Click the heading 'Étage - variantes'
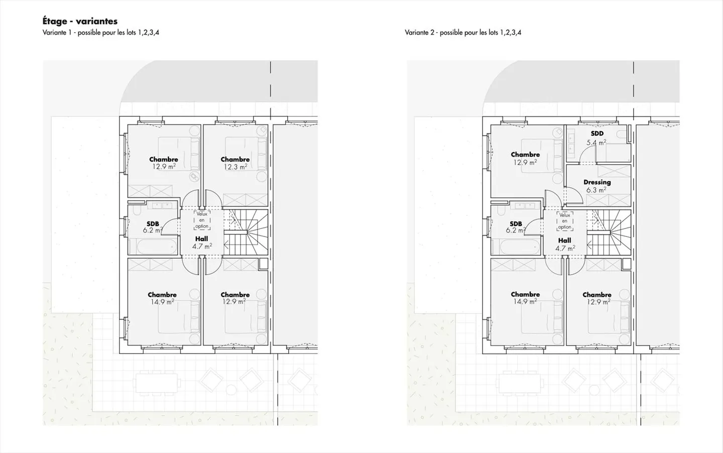80,21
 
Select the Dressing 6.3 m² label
597,186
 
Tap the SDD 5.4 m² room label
597,138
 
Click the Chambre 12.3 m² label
235,163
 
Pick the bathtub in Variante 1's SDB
153,247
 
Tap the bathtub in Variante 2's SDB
516,247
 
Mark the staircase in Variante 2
609,232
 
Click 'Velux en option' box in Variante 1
202,220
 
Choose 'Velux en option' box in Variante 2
565,221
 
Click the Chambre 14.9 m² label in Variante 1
162,298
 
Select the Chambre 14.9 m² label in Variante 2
525,298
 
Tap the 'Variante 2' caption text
463,33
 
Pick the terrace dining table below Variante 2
521,383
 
